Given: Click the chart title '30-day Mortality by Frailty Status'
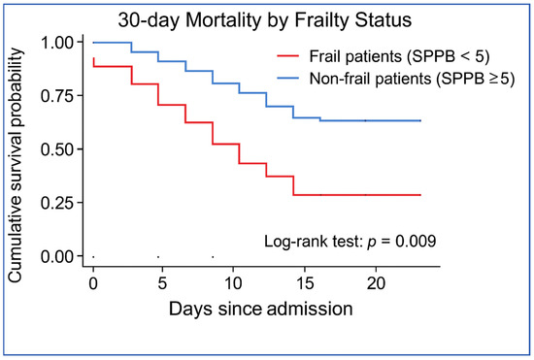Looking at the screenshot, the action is pos(265,20).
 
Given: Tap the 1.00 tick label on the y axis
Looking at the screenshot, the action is pos(57,43).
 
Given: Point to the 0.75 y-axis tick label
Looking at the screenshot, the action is pos(57,96).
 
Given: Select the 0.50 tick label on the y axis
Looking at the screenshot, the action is pos(57,149).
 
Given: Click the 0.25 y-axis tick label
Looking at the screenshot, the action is pos(57,203).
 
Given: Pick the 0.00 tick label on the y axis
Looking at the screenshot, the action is pos(57,256).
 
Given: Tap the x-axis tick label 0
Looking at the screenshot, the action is pos(93,283).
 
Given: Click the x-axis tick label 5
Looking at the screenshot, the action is pos(162,283).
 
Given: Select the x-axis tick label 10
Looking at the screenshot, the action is pos(233,283).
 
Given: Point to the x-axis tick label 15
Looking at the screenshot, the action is pos(305,283).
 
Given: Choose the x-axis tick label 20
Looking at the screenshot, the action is pos(376,283).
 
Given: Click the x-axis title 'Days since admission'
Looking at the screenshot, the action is pos(261,309).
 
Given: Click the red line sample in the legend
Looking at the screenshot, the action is pos(288,56).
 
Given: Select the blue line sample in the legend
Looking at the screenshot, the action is pos(288,79).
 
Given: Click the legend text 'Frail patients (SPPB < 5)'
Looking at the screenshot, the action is pos(399,56).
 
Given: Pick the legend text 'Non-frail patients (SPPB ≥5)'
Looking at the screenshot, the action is pos(412,79).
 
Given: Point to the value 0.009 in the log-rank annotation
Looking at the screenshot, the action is pos(416,241).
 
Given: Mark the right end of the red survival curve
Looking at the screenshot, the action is pos(421,195).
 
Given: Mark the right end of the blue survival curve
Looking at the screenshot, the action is pos(421,120).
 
